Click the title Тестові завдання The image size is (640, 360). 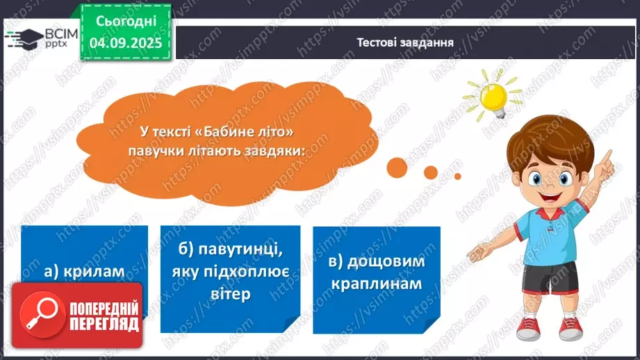click(405, 42)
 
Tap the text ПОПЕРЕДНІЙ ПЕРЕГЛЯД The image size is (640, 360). click(104, 314)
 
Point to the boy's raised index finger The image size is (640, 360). click(608, 156)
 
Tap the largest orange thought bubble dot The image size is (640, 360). click(397, 166)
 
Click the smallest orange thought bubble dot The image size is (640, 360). click(457, 176)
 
